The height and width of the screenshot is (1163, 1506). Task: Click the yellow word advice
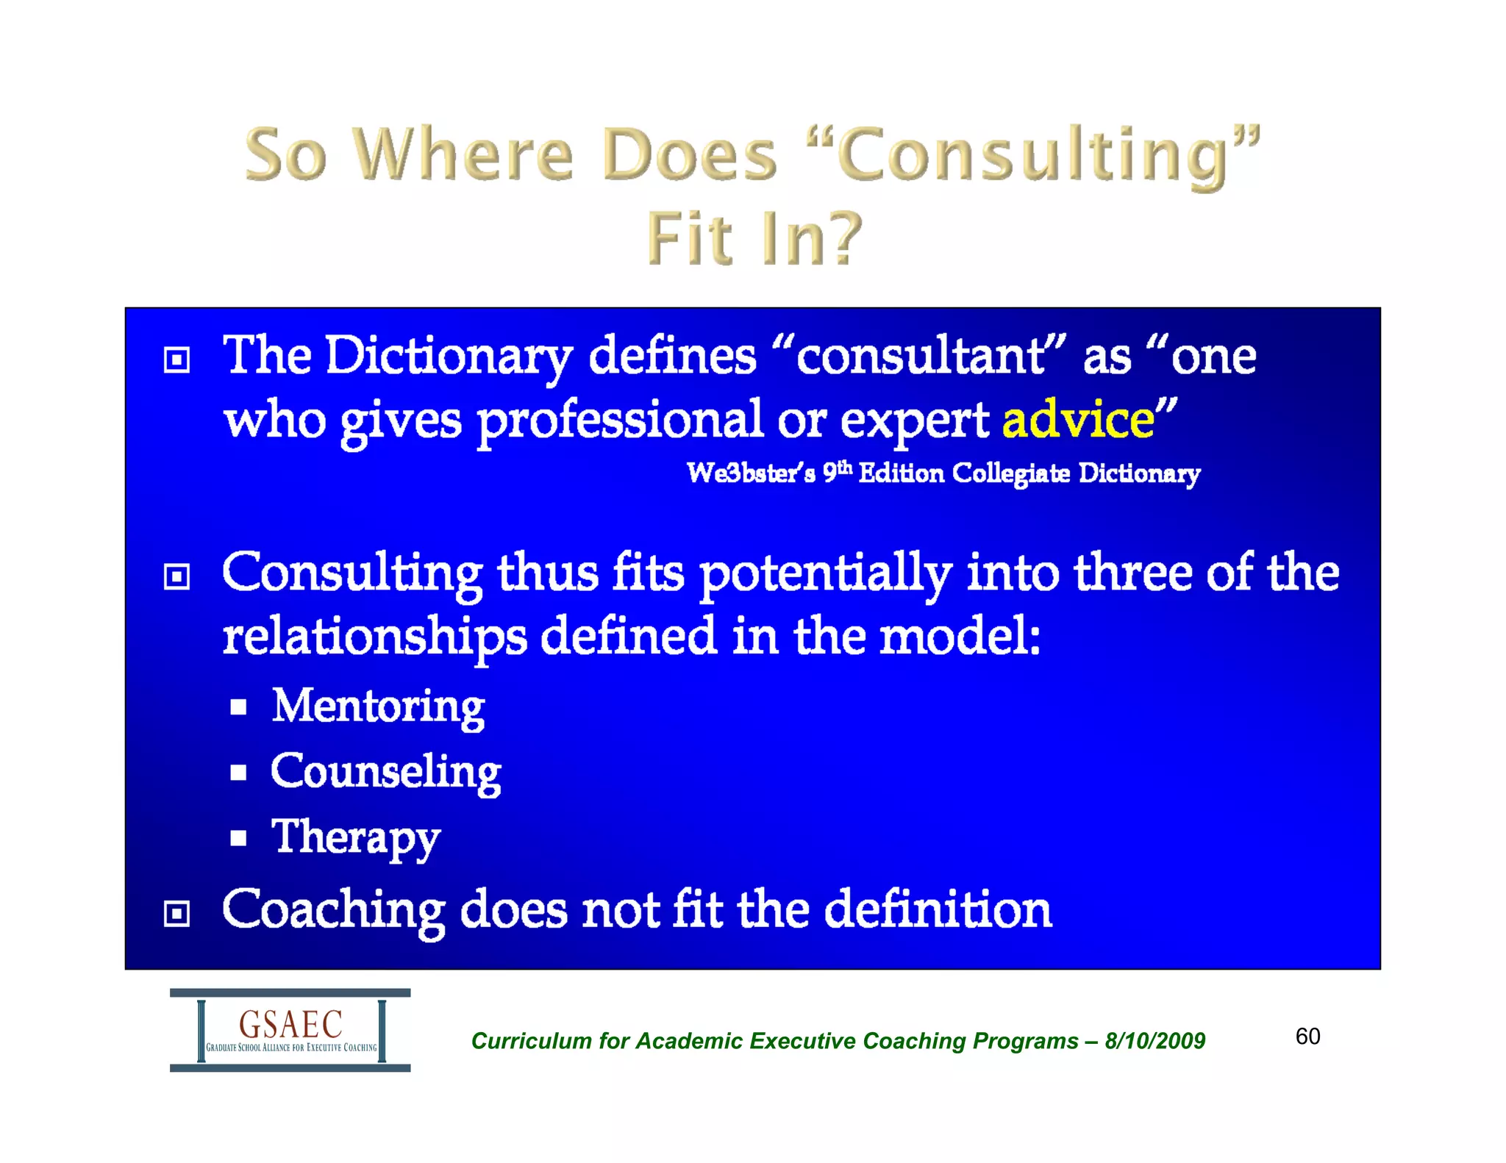(1078, 420)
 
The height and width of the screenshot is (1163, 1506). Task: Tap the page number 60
(1307, 1037)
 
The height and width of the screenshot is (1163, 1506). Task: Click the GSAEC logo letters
(290, 1023)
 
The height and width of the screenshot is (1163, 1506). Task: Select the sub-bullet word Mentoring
(378, 706)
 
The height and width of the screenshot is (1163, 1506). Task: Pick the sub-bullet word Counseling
(385, 772)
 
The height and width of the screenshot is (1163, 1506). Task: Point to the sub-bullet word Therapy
(356, 837)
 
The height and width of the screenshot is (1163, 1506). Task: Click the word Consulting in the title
(1032, 155)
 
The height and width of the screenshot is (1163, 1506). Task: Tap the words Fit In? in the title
(753, 239)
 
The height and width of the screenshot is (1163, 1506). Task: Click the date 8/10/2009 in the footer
(1155, 1041)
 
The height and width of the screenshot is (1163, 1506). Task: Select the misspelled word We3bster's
(750, 473)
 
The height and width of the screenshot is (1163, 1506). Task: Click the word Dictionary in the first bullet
(449, 357)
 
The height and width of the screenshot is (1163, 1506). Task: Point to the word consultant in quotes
(920, 357)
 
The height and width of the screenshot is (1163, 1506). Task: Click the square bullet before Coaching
(176, 914)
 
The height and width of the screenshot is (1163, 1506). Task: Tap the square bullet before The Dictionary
(176, 360)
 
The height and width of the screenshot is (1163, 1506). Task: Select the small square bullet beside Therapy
(238, 838)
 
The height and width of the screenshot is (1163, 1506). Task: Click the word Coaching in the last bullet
(333, 910)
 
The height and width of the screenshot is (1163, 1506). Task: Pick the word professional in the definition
(620, 421)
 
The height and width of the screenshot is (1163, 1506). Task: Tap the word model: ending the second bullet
(960, 637)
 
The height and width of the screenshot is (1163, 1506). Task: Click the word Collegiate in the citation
(1010, 473)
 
